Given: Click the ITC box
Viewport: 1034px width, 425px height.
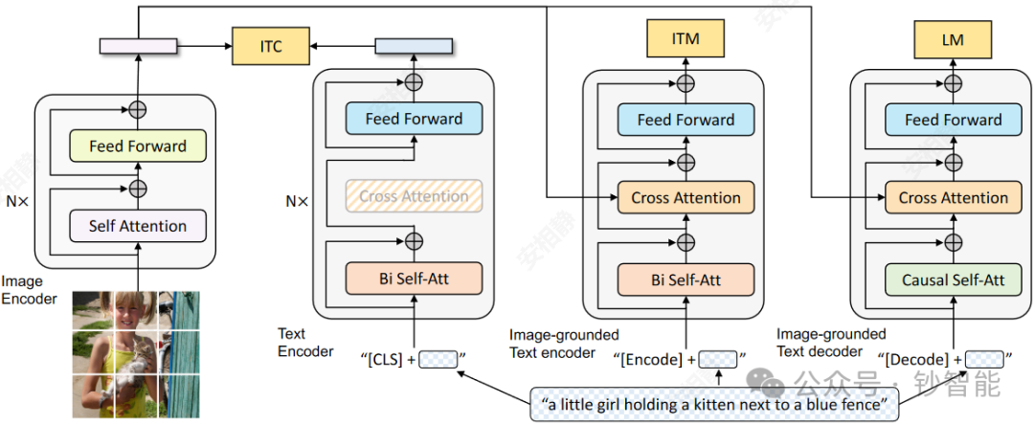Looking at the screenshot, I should [272, 45].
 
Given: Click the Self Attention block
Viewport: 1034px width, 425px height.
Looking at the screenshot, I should [138, 226].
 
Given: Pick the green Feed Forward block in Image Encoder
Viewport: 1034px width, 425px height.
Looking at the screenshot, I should [138, 146].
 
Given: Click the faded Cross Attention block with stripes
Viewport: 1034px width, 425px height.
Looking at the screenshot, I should [415, 196].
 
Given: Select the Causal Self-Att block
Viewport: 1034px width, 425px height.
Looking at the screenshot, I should [954, 280].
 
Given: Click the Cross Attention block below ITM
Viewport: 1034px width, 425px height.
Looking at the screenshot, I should [686, 198].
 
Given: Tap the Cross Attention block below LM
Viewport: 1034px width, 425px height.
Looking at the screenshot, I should [954, 198].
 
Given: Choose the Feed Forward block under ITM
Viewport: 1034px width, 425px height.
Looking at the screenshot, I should [686, 120].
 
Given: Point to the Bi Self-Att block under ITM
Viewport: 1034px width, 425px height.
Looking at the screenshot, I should [686, 280].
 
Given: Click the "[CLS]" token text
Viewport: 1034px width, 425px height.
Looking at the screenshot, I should [384, 360].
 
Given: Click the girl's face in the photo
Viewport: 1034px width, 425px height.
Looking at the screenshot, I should [127, 315].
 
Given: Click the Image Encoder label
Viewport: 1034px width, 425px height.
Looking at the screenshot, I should [29, 290].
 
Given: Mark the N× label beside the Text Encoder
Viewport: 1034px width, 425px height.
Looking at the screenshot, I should [297, 202].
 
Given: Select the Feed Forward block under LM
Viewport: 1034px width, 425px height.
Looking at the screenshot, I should [954, 120].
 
